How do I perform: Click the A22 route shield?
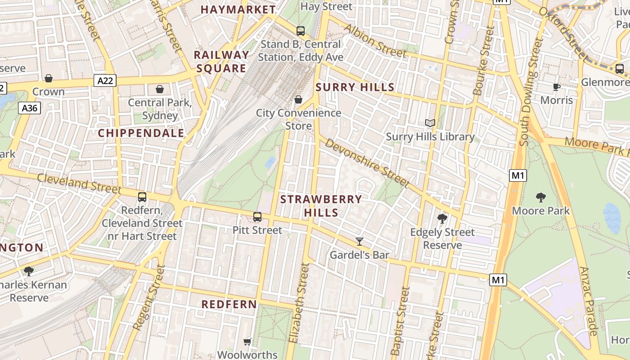tap(105, 81)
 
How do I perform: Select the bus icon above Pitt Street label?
tap(257, 217)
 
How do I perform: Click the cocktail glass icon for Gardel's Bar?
tap(359, 242)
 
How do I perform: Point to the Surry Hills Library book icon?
tap(430, 123)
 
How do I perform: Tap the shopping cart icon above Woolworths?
tap(247, 342)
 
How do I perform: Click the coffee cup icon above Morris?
tap(557, 87)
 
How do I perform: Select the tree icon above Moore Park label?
tap(541, 197)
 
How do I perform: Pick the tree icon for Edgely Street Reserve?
tap(442, 219)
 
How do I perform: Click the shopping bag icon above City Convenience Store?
tap(298, 99)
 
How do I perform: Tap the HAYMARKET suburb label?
tap(238, 9)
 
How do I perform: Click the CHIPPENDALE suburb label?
tap(141, 133)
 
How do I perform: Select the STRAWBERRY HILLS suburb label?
tap(321, 206)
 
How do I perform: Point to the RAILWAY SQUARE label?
tap(221, 62)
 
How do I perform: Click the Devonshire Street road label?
tap(367, 163)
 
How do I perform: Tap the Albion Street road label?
tap(375, 41)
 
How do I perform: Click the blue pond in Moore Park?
tap(612, 218)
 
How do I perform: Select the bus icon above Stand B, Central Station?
tap(301, 31)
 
